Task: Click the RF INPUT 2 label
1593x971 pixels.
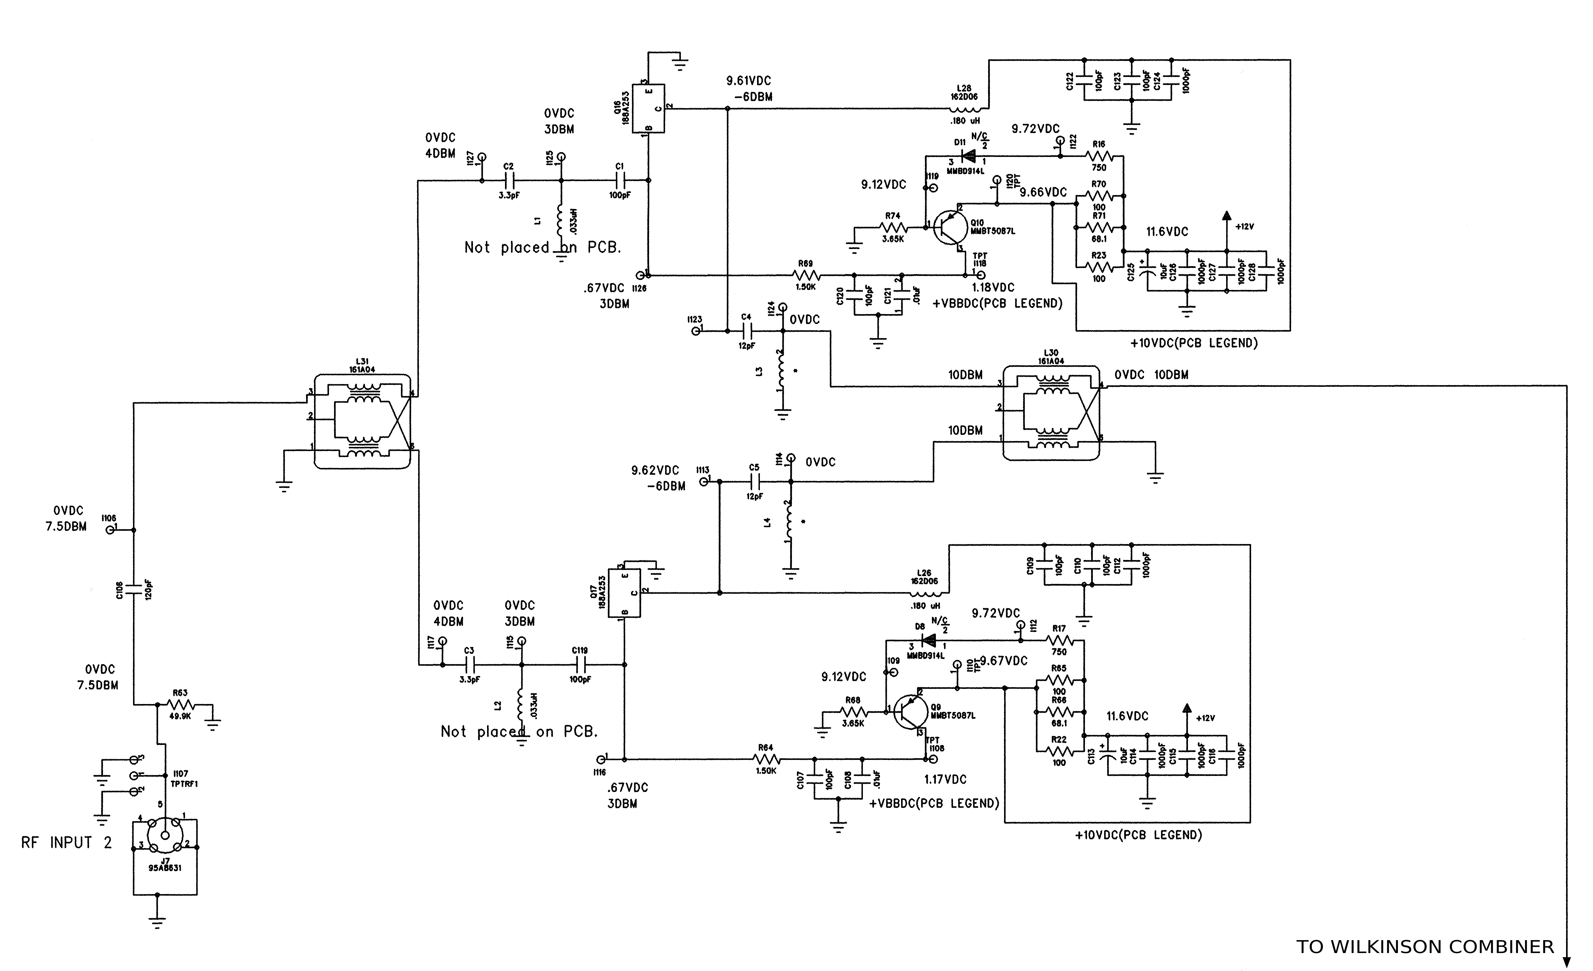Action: [x=67, y=843]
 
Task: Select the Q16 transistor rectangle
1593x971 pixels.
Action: [x=648, y=109]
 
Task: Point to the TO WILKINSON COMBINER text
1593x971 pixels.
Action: [x=1424, y=947]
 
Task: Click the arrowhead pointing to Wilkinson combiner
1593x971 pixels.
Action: [x=1567, y=961]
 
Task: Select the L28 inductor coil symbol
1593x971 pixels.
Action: [x=965, y=109]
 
